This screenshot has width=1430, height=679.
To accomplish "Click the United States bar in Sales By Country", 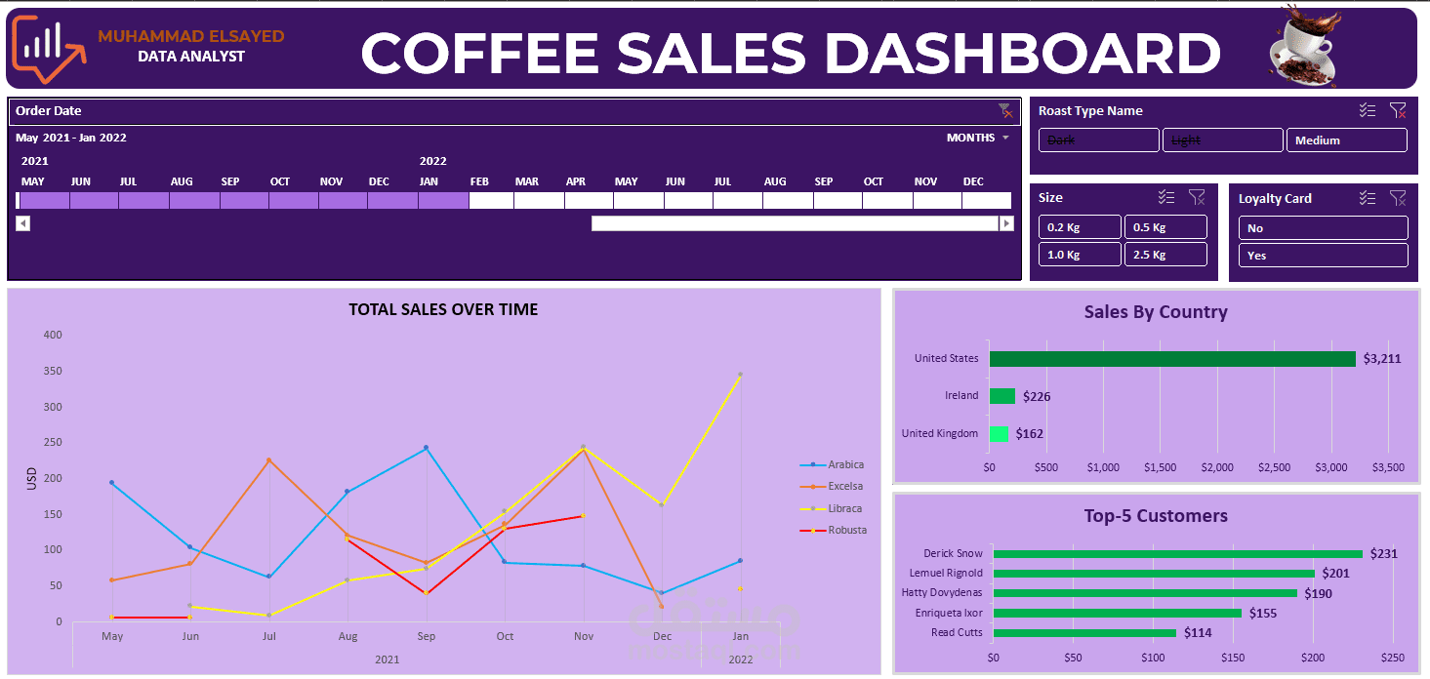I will [1171, 359].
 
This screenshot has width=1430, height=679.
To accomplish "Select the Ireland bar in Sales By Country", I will [1001, 396].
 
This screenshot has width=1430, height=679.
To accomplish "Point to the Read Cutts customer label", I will [957, 633].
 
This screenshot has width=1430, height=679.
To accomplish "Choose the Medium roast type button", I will [1346, 140].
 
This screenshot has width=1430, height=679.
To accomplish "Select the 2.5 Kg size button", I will [1165, 255].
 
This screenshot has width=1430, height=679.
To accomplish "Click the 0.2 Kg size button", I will [1079, 227].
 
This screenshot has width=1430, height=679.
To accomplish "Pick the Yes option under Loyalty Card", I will [1323, 256].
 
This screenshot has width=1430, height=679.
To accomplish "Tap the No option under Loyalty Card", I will [1323, 228].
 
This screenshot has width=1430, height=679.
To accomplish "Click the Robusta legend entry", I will [846, 531].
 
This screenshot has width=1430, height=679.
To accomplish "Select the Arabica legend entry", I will [845, 465].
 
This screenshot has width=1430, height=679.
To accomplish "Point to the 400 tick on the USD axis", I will [52, 335].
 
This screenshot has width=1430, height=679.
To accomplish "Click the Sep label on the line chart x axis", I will [426, 636].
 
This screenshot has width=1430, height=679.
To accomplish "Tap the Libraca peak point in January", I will [741, 375].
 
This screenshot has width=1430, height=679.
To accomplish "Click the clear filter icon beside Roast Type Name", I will [1398, 111].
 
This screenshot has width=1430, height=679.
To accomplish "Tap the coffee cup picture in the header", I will [1305, 47].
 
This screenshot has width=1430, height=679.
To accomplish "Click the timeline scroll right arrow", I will [1006, 223].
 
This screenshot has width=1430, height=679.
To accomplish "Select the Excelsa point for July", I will [269, 460].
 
